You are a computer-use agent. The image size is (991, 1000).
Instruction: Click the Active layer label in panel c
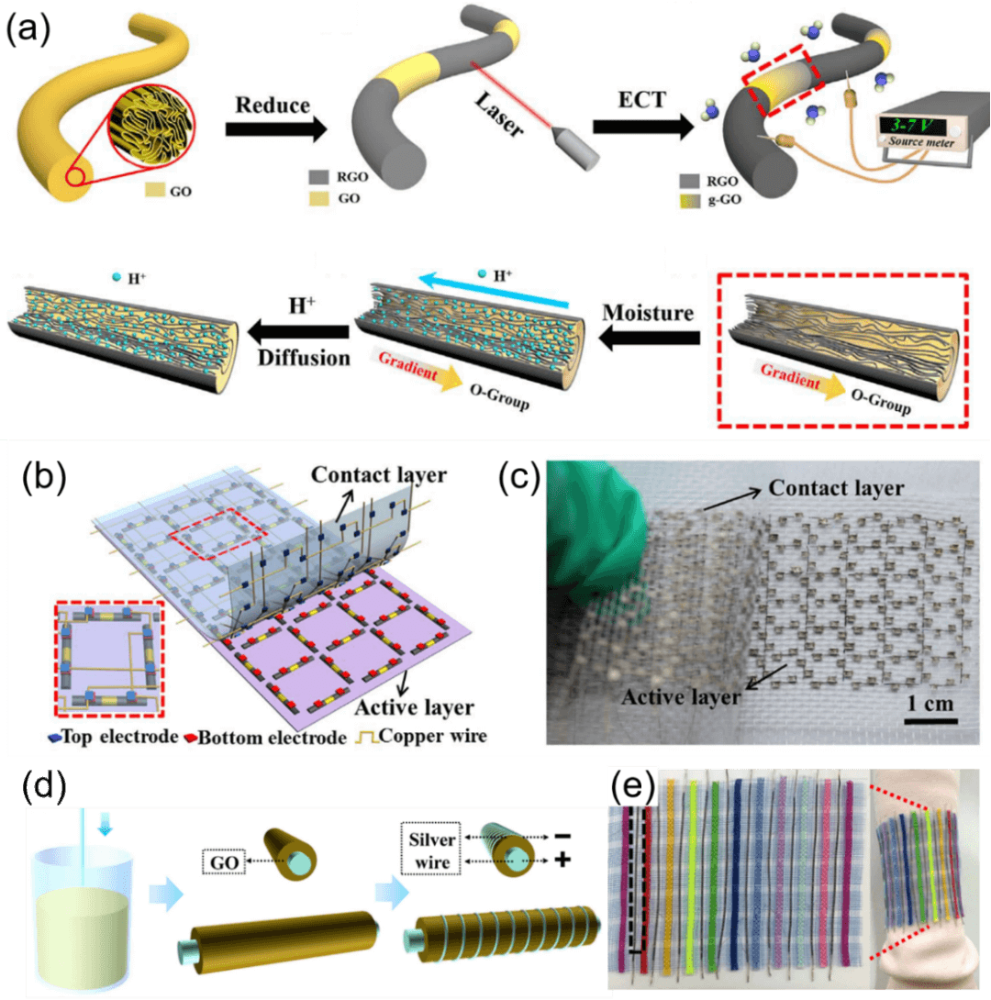pyautogui.click(x=681, y=696)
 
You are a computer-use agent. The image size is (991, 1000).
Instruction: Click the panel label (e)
pyautogui.click(x=634, y=786)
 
